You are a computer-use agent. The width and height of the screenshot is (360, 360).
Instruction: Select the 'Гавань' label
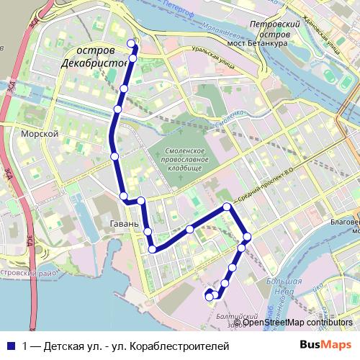coord(124,224)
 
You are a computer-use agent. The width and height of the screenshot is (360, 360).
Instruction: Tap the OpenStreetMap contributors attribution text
coord(297,323)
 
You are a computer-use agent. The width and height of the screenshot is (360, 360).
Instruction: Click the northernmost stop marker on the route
coord(131,44)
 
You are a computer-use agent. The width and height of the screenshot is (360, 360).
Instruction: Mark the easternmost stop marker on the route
coord(247,237)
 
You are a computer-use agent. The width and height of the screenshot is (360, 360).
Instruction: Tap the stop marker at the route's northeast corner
coord(227,207)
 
